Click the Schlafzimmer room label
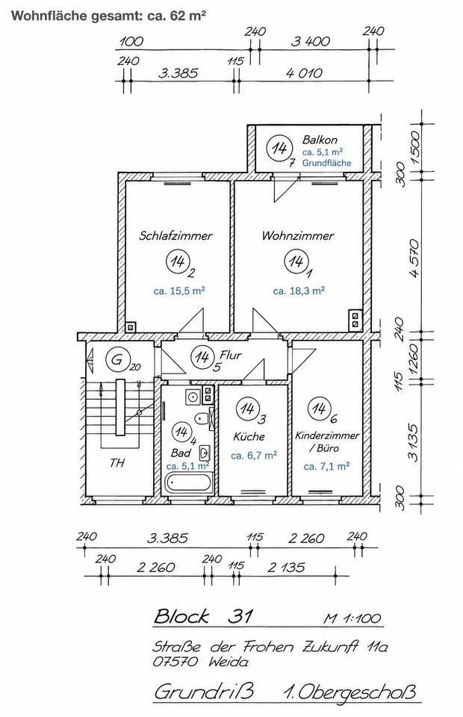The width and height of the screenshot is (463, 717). pyautogui.click(x=175, y=236)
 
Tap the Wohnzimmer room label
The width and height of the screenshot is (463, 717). pyautogui.click(x=297, y=236)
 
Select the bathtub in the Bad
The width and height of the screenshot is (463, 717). pyautogui.click(x=189, y=483)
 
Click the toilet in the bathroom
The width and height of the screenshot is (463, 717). pyautogui.click(x=202, y=418)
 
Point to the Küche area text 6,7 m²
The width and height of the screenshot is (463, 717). pyautogui.click(x=254, y=456)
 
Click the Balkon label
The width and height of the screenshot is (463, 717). pyautogui.click(x=320, y=140)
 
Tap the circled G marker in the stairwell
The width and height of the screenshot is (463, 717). pyautogui.click(x=117, y=359)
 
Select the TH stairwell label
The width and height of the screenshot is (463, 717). pyautogui.click(x=117, y=463)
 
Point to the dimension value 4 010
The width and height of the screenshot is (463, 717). pyautogui.click(x=304, y=72)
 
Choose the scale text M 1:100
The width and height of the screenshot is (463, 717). pyautogui.click(x=352, y=618)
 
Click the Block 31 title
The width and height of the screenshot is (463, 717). pyautogui.click(x=203, y=616)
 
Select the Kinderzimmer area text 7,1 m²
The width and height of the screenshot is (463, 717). pyautogui.click(x=327, y=466)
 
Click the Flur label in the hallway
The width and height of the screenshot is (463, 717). pyautogui.click(x=230, y=355)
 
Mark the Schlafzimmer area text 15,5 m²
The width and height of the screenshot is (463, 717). pyautogui.click(x=179, y=291)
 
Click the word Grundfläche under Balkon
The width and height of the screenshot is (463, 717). pyautogui.click(x=327, y=163)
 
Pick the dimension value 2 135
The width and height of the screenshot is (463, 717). pyautogui.click(x=286, y=568)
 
